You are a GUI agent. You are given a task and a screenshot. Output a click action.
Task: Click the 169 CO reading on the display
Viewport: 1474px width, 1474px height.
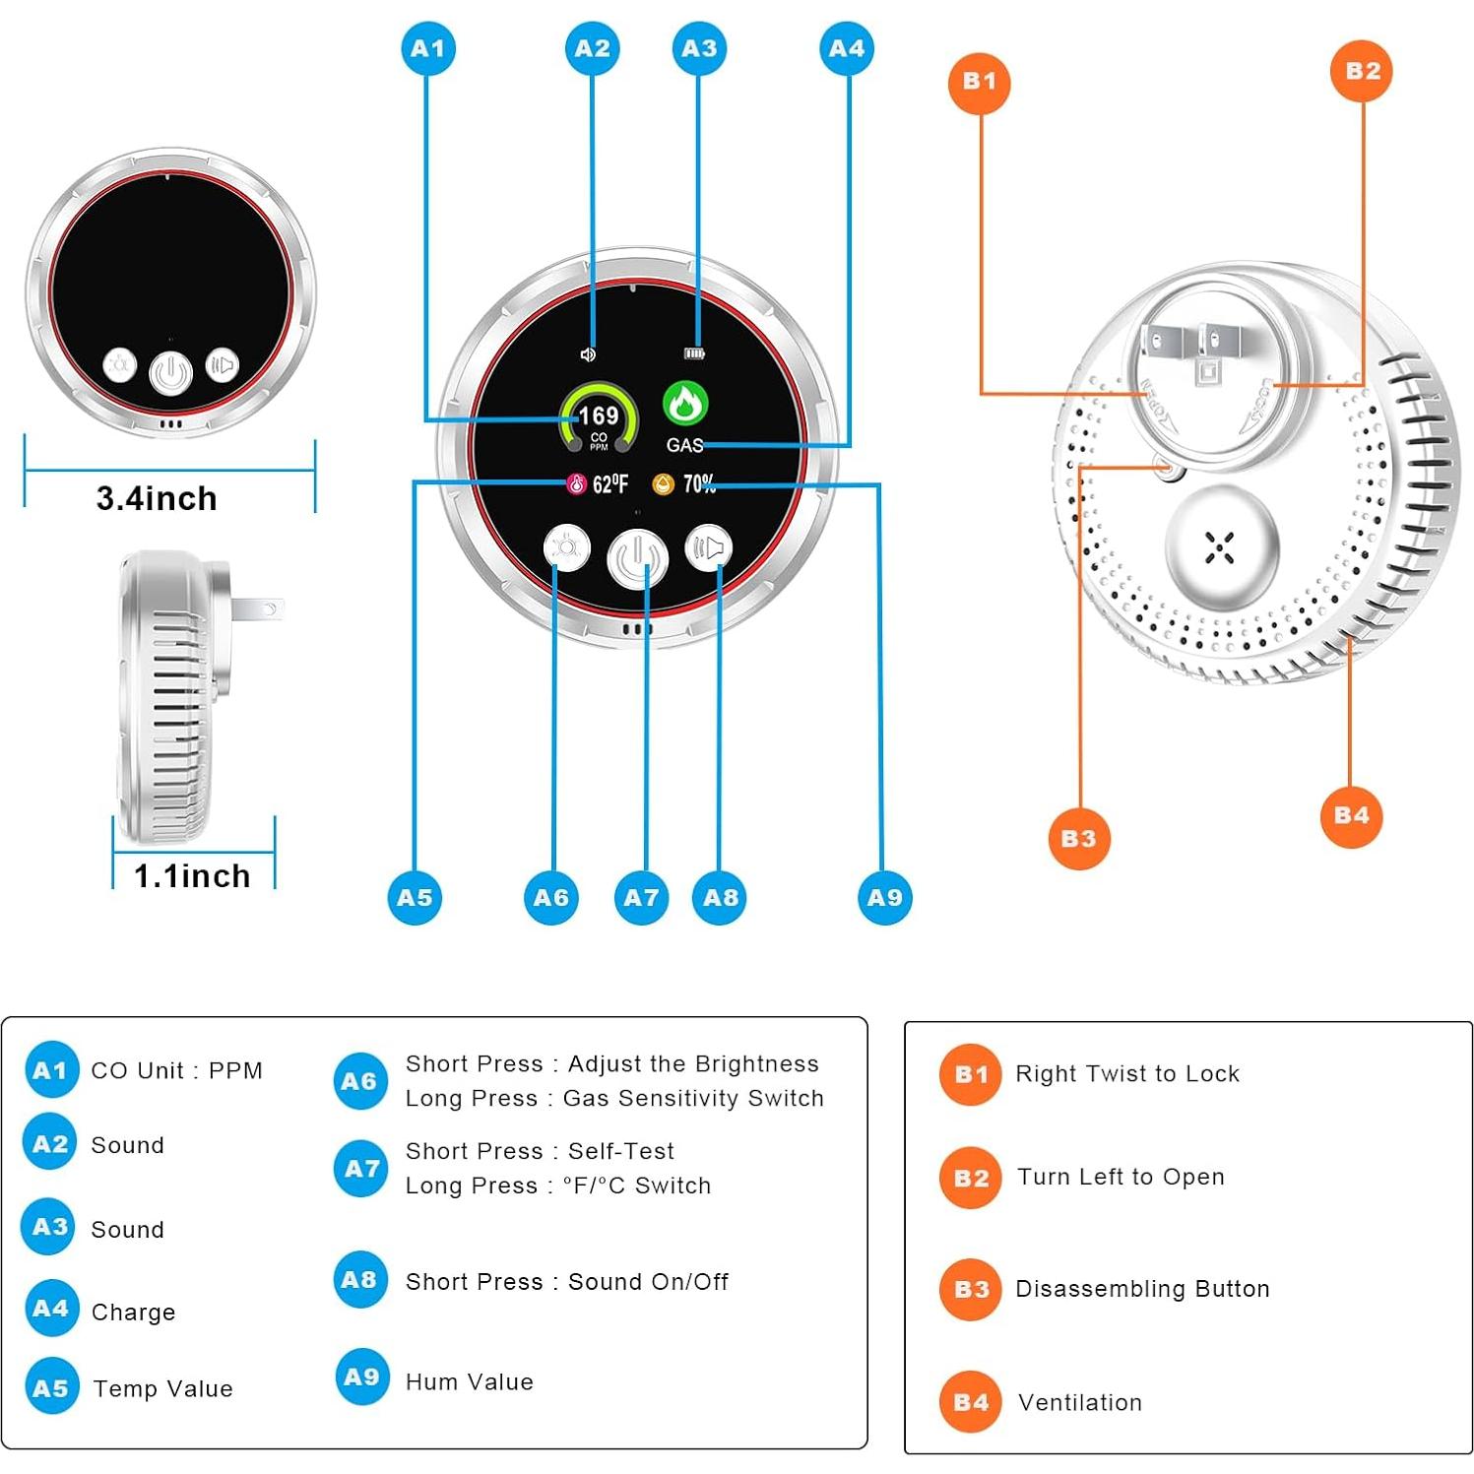[x=598, y=417]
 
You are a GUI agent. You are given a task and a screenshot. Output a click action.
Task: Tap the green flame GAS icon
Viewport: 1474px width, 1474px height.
[x=685, y=404]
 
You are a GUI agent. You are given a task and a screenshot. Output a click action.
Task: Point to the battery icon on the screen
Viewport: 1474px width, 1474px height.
[x=695, y=353]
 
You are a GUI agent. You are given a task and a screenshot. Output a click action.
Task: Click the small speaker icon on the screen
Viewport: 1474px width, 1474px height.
[x=588, y=354]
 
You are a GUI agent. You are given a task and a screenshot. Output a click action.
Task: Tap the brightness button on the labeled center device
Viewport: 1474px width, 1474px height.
[x=566, y=547]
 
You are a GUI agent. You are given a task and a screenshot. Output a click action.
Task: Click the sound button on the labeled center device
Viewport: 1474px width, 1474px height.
[x=709, y=548]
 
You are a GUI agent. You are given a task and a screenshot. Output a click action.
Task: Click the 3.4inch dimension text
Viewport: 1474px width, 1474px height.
[x=157, y=498]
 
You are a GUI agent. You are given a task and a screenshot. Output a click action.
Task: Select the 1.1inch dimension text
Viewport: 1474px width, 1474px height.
[x=192, y=875]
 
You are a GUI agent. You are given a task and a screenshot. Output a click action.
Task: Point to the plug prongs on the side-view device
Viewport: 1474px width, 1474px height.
[x=258, y=609]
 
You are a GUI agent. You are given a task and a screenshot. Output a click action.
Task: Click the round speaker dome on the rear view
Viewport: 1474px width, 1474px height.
[x=1221, y=547]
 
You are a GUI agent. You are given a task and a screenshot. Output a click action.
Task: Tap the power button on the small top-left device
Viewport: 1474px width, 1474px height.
[x=170, y=373]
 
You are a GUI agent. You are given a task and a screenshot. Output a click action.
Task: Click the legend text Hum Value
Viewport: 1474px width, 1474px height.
[x=469, y=1381]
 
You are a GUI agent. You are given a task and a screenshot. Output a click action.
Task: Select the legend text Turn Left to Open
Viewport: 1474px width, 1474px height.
[x=1121, y=1177]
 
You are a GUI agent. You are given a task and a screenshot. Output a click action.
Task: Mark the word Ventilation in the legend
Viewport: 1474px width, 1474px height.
[x=1080, y=1402]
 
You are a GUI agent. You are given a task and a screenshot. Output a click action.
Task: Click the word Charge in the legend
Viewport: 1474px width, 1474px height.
[x=133, y=1312]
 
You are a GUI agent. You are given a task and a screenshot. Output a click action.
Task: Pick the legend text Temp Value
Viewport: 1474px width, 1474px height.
[x=162, y=1388]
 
